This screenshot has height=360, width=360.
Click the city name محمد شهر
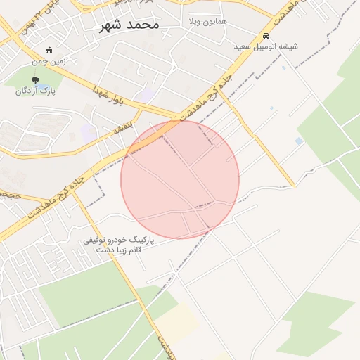[x=126, y=25]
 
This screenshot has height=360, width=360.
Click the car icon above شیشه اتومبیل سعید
[x=266, y=36]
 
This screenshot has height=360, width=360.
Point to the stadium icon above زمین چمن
[x=49, y=50]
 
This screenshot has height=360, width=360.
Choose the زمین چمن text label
[x=49, y=61]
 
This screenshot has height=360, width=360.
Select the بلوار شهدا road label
[x=117, y=98]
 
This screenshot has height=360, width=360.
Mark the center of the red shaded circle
[x=180, y=179]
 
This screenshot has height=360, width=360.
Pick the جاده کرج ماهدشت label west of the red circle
[x=63, y=191]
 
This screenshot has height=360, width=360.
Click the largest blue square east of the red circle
[x=300, y=141]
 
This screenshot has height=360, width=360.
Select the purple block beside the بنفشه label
[x=89, y=131]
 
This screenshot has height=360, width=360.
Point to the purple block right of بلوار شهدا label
[x=147, y=94]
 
